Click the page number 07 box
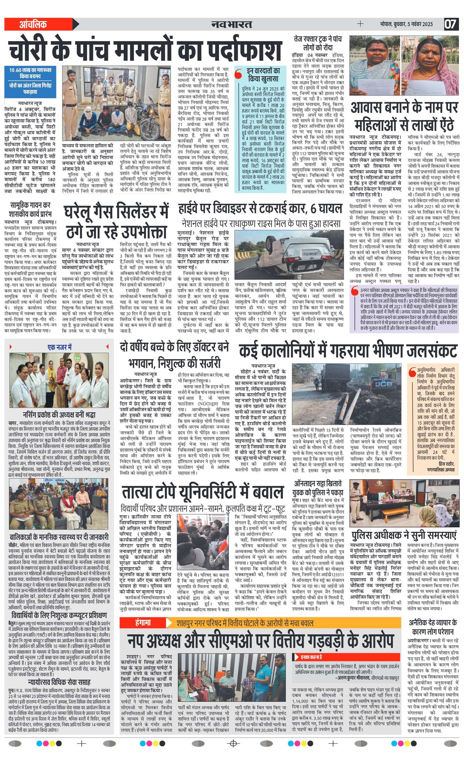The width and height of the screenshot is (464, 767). click(x=450, y=24)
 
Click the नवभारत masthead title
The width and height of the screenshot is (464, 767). click(x=231, y=24)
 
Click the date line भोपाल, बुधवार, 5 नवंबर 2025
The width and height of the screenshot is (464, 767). click(x=406, y=24)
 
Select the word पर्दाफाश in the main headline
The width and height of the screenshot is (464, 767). click(x=239, y=50)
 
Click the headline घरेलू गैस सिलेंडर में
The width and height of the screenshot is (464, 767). click(x=116, y=212)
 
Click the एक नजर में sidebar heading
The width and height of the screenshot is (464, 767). click(x=59, y=347)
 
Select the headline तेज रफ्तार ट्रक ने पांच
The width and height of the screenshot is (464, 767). click(x=318, y=39)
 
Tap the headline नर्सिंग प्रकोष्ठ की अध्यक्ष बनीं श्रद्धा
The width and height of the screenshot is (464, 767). click(x=59, y=414)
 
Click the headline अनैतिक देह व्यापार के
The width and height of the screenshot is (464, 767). click(x=433, y=622)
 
